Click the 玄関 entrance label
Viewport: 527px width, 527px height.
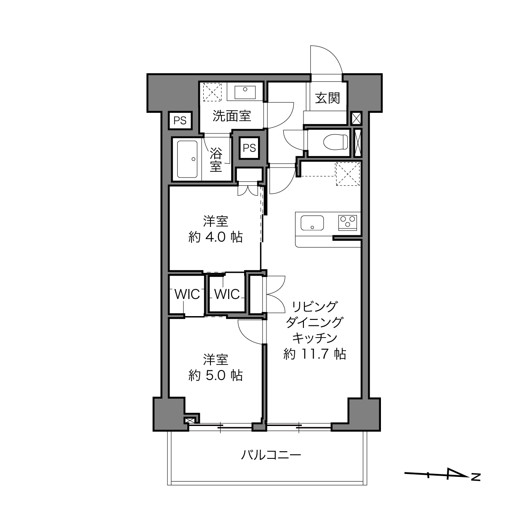click(x=327, y=98)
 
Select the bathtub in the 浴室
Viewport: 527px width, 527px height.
click(x=187, y=159)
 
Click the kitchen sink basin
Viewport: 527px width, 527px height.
click(x=312, y=223)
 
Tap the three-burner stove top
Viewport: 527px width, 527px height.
click(x=348, y=221)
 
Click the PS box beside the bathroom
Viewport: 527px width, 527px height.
click(x=249, y=148)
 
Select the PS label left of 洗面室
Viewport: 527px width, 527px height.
click(x=180, y=120)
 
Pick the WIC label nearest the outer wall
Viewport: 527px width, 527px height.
click(x=187, y=294)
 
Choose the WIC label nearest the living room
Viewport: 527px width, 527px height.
click(x=227, y=294)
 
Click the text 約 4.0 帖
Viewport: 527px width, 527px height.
click(x=216, y=237)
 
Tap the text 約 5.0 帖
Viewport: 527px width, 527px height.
click(x=216, y=375)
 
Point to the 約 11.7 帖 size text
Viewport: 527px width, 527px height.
click(x=315, y=354)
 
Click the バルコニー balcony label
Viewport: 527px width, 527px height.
click(x=271, y=455)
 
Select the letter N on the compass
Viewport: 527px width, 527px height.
click(x=476, y=476)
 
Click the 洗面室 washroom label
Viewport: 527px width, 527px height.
click(x=232, y=116)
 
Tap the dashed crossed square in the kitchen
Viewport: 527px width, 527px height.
click(x=348, y=174)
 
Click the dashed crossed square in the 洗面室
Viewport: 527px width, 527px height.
click(x=212, y=92)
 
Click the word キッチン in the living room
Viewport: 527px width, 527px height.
click(x=315, y=338)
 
